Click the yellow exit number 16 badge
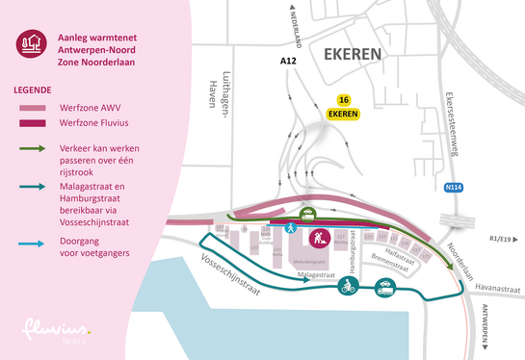(343, 100)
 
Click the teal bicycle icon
(345, 285)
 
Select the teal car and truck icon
(385, 285)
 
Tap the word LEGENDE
(35, 89)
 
